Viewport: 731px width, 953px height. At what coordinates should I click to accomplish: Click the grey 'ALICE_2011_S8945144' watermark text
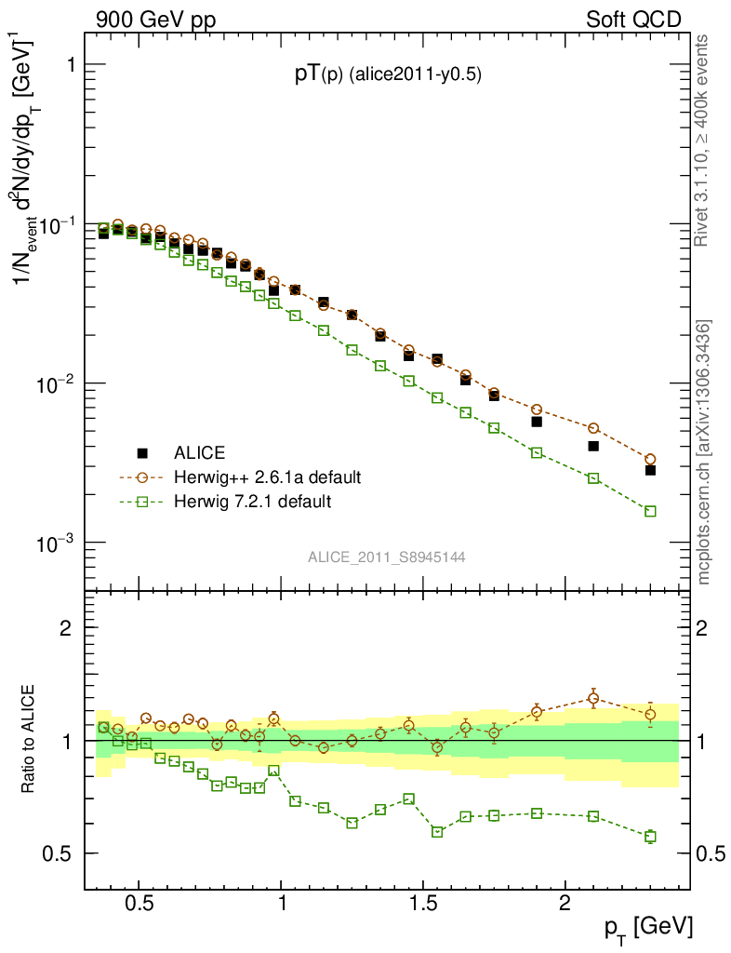(387, 557)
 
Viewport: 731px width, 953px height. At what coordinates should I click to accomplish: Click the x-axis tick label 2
(565, 904)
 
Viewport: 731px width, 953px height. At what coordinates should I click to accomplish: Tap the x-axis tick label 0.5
(139, 904)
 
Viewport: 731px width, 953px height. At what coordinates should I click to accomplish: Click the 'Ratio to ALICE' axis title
(29, 740)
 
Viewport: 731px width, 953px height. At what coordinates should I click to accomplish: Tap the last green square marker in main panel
(650, 511)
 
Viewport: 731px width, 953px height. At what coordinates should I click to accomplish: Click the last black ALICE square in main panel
(650, 470)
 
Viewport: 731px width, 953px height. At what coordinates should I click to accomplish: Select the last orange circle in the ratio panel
(650, 715)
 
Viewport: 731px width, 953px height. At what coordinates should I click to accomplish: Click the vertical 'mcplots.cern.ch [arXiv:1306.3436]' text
(704, 451)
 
